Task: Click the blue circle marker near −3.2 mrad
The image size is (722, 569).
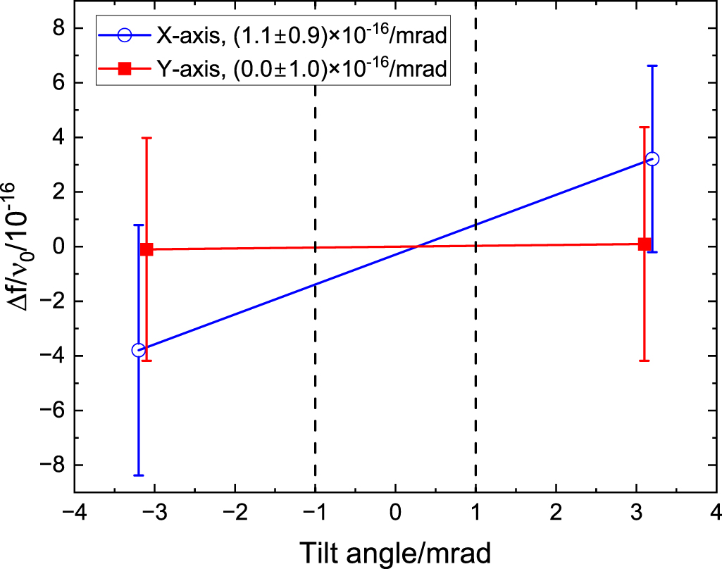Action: [x=139, y=350]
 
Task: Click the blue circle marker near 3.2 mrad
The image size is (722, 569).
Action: [x=652, y=158]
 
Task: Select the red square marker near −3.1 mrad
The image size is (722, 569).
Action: [x=147, y=249]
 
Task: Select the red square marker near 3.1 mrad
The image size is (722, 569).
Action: [x=644, y=244]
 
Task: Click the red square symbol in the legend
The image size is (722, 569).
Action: [x=123, y=68]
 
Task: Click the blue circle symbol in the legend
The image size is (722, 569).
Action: [x=123, y=35]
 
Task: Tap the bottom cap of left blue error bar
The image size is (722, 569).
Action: [x=139, y=475]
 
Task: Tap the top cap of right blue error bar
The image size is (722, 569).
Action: [x=652, y=65]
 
